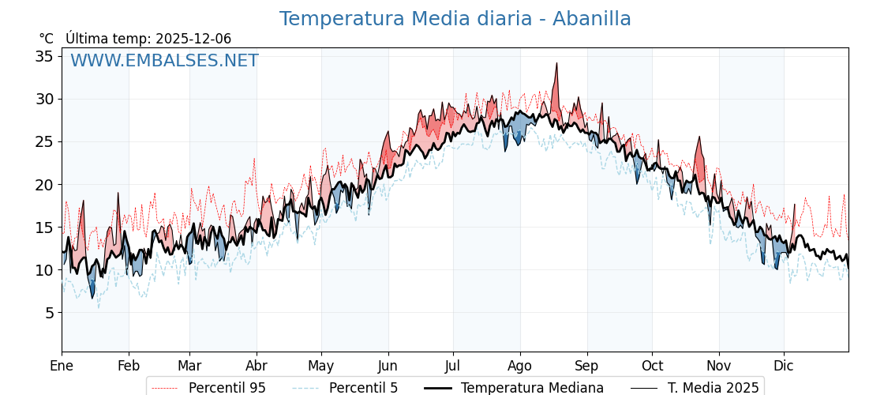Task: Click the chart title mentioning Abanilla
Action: coord(455,19)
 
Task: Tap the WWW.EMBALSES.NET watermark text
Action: coord(164,61)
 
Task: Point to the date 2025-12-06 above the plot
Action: coord(193,39)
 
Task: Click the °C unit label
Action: coord(46,39)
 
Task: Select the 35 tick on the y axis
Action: coord(43,56)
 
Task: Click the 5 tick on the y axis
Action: coord(48,313)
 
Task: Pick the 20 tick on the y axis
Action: coord(43,185)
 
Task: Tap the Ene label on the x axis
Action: coord(62,366)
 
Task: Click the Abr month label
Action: coord(257,366)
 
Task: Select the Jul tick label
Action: coord(453,366)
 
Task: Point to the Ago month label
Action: coord(520,366)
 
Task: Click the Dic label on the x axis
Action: coord(784,366)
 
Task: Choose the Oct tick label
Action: coord(652,366)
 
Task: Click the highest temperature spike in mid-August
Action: coord(556,64)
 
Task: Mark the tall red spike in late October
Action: coord(699,138)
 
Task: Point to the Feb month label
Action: coord(129,366)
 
